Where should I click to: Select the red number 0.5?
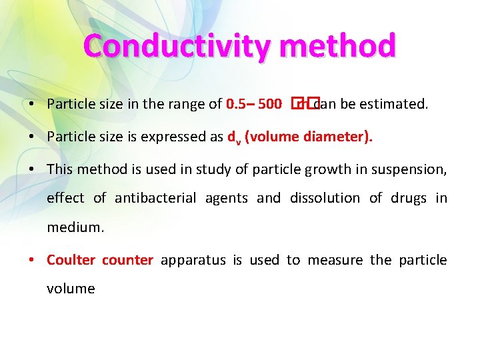[x=237, y=104]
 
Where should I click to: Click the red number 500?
[x=269, y=104]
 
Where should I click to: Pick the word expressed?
[x=188, y=137]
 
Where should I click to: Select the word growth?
[x=325, y=169]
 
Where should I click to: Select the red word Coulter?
[x=71, y=260]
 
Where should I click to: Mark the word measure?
[x=337, y=260]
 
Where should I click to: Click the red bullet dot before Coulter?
[x=33, y=260]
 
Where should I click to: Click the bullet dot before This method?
[x=33, y=169]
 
